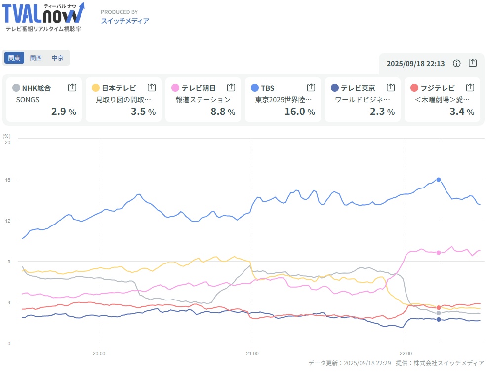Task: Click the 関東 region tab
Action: pos(14,58)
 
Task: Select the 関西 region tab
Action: pos(36,58)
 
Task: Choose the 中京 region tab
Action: pos(58,58)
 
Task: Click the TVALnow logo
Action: pos(43,17)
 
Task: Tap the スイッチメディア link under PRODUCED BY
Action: pos(125,21)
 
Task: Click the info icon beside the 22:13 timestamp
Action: pos(457,63)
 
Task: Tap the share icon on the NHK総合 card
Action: pos(72,87)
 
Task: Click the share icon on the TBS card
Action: pos(311,87)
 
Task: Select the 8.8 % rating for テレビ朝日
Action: pos(218,112)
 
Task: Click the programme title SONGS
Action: pos(28,99)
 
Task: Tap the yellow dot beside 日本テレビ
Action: pos(96,88)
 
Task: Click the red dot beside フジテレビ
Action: pos(414,88)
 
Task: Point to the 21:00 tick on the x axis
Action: pos(252,353)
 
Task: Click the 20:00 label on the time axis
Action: pos(99,353)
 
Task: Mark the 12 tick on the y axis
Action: pos(7,221)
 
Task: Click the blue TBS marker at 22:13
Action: pos(439,180)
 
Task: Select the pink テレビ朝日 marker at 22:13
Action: pos(439,253)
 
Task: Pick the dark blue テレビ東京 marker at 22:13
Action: pos(439,320)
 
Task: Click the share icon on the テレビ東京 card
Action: pos(391,87)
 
